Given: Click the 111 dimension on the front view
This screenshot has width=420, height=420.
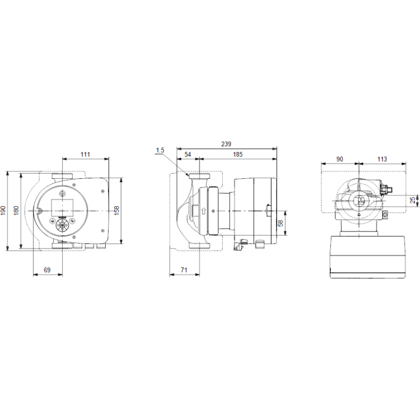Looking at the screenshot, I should click(86, 155).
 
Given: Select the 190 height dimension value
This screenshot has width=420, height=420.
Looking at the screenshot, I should click(3, 210).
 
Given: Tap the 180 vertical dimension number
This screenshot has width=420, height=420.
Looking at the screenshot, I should click(17, 210).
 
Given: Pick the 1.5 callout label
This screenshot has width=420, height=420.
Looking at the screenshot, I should click(159, 150).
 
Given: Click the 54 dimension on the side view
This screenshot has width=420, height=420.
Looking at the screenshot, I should click(188, 155).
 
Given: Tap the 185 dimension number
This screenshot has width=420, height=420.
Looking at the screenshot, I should click(238, 155).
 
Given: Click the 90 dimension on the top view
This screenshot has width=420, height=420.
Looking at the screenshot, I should click(339, 159).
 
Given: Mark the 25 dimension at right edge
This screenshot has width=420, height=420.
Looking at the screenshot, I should click(413, 200).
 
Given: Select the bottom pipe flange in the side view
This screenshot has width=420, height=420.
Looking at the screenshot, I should click(199, 246).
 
